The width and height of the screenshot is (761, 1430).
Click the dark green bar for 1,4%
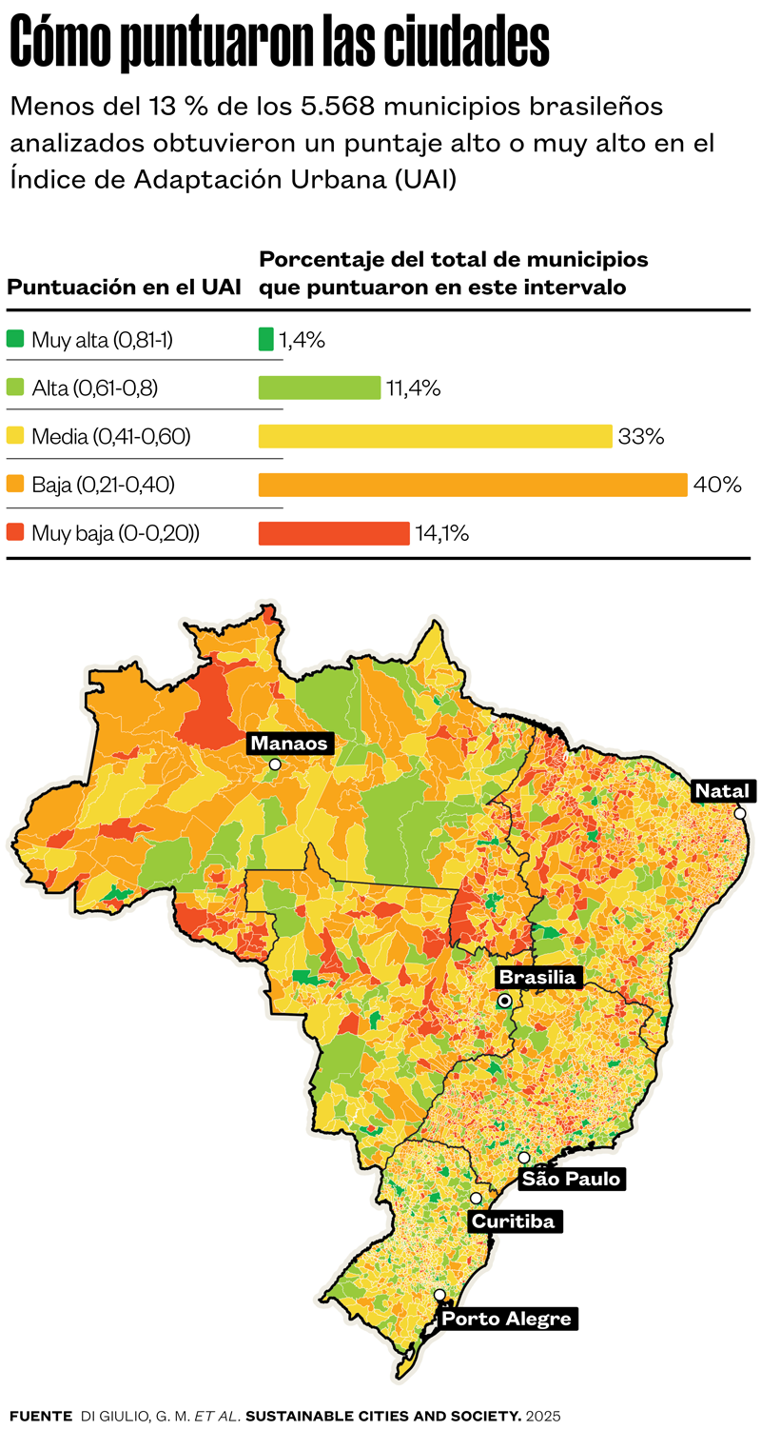tap(266, 339)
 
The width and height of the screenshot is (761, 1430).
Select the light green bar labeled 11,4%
tap(320, 387)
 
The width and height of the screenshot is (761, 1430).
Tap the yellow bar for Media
tap(435, 436)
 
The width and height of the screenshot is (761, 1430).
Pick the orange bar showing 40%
tap(473, 485)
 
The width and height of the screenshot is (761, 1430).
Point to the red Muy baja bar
tap(334, 533)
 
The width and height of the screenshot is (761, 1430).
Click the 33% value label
tap(641, 437)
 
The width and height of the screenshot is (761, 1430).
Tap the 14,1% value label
tap(442, 533)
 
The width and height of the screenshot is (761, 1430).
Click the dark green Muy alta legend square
tap(15, 338)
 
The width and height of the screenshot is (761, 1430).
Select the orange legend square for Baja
tap(15, 484)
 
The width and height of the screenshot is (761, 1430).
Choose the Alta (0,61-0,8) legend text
tap(95, 388)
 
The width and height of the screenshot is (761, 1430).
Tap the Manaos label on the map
tap(289, 744)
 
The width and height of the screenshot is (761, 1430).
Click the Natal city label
tap(723, 791)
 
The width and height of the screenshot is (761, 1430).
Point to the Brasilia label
tap(537, 978)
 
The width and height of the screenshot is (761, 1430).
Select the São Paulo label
tap(571, 1179)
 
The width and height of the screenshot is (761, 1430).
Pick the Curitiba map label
tap(514, 1221)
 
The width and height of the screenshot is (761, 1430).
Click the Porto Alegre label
tap(506, 1319)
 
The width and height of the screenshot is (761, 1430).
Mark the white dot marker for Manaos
tap(275, 765)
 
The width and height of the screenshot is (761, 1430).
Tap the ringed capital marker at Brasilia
tap(504, 1001)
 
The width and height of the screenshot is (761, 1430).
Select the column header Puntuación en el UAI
tap(125, 288)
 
